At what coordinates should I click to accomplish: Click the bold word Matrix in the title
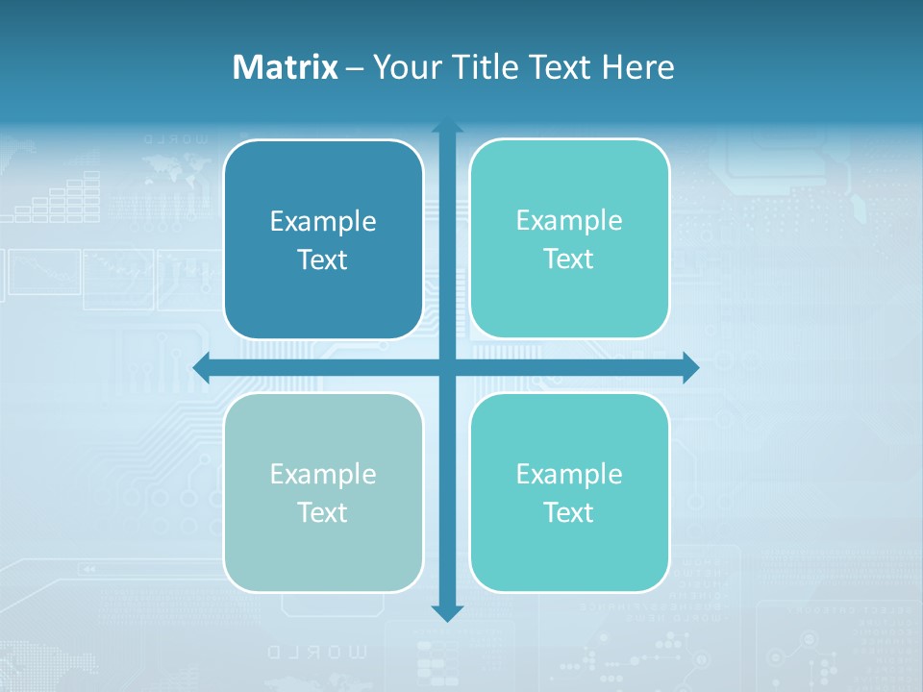[x=285, y=67]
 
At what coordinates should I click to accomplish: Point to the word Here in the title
[x=638, y=67]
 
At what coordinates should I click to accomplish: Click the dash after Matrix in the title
[x=355, y=68]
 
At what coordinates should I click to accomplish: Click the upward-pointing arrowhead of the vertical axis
[x=447, y=127]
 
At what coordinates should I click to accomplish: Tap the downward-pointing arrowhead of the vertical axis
[x=447, y=613]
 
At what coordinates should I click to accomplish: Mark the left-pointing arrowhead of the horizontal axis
[x=201, y=367]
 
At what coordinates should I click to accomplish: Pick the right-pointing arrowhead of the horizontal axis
[x=691, y=367]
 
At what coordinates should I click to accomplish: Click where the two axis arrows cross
[x=447, y=367]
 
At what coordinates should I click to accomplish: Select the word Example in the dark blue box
[x=323, y=222]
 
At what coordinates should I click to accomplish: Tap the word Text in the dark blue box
[x=323, y=259]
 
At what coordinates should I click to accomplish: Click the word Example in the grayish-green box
[x=323, y=474]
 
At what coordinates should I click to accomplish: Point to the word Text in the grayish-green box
[x=323, y=512]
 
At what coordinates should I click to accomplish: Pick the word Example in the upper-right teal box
[x=569, y=221]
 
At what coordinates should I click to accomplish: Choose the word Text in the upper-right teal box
[x=569, y=259]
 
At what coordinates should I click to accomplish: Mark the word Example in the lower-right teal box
[x=569, y=474]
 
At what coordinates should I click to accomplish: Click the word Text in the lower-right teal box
[x=569, y=512]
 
